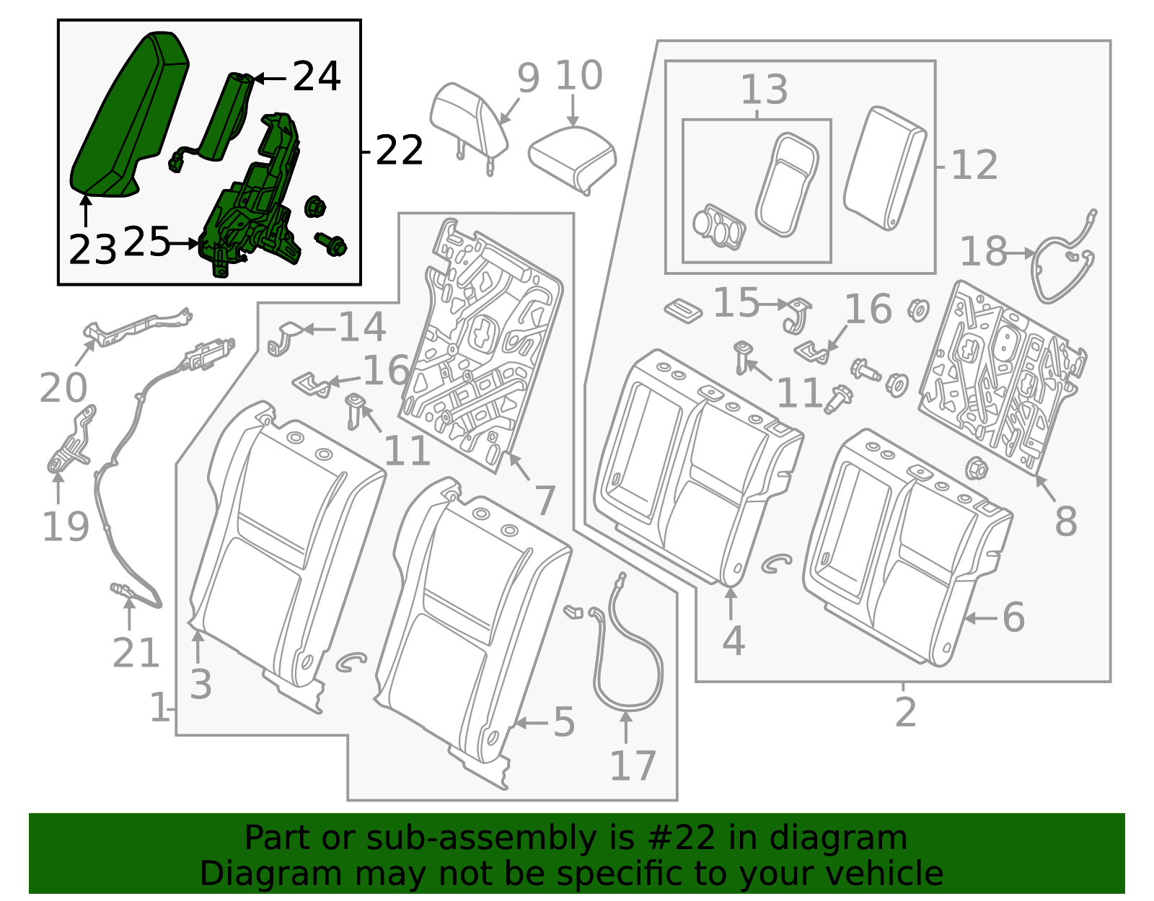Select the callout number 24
[x=316, y=76]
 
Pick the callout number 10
[x=578, y=76]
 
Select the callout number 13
[x=764, y=90]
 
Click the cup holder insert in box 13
[x=718, y=227]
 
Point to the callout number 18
[x=983, y=252]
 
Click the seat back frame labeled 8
[x=1003, y=375]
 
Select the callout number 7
[x=545, y=500]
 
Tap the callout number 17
[x=633, y=765]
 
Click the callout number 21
[x=136, y=654]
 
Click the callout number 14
[x=362, y=328]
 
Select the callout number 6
[x=1013, y=617]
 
